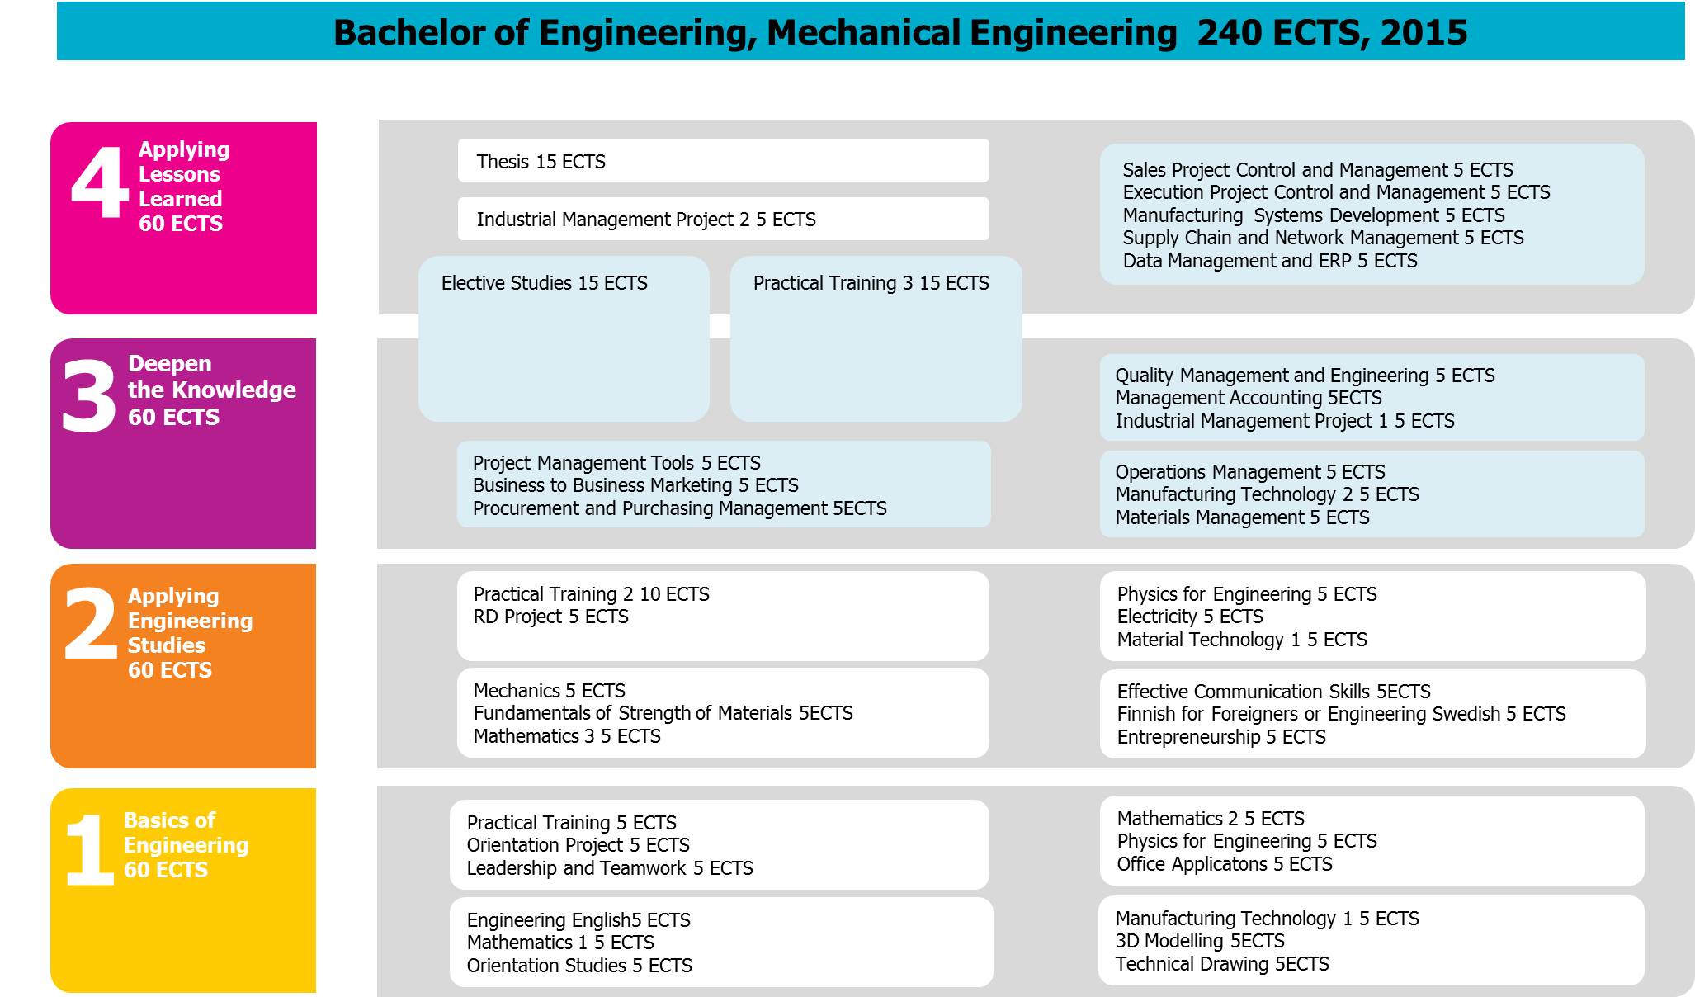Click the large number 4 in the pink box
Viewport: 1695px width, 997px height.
pyautogui.click(x=100, y=182)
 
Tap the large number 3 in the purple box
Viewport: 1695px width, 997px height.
pyautogui.click(x=88, y=397)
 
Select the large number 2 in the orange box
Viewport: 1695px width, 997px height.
pyautogui.click(x=90, y=624)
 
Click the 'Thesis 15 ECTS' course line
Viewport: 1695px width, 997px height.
pyautogui.click(x=541, y=162)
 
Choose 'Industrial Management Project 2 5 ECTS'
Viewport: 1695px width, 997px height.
pyautogui.click(x=645, y=220)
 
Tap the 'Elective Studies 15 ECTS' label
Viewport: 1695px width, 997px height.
pyautogui.click(x=544, y=283)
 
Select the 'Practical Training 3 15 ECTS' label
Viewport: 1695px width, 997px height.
pyautogui.click(x=871, y=283)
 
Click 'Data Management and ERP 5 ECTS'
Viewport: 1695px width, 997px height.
pyautogui.click(x=1269, y=261)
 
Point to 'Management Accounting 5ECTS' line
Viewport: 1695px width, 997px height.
pyautogui.click(x=1248, y=398)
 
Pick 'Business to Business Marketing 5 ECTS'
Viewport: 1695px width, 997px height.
pyautogui.click(x=635, y=485)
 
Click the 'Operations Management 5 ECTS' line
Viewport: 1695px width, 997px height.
pyautogui.click(x=1249, y=472)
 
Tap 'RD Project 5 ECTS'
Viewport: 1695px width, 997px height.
pyautogui.click(x=550, y=617)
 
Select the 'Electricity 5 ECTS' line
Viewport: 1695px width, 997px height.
pyautogui.click(x=1189, y=617)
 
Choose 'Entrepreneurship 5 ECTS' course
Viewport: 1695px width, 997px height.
pyautogui.click(x=1220, y=737)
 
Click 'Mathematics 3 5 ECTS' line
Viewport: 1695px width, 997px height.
pyautogui.click(x=566, y=736)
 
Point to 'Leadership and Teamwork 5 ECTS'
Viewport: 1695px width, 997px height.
pyautogui.click(x=609, y=868)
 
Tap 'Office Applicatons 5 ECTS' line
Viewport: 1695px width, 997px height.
pyautogui.click(x=1224, y=864)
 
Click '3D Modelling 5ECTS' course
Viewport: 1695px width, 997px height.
pyautogui.click(x=1199, y=941)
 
